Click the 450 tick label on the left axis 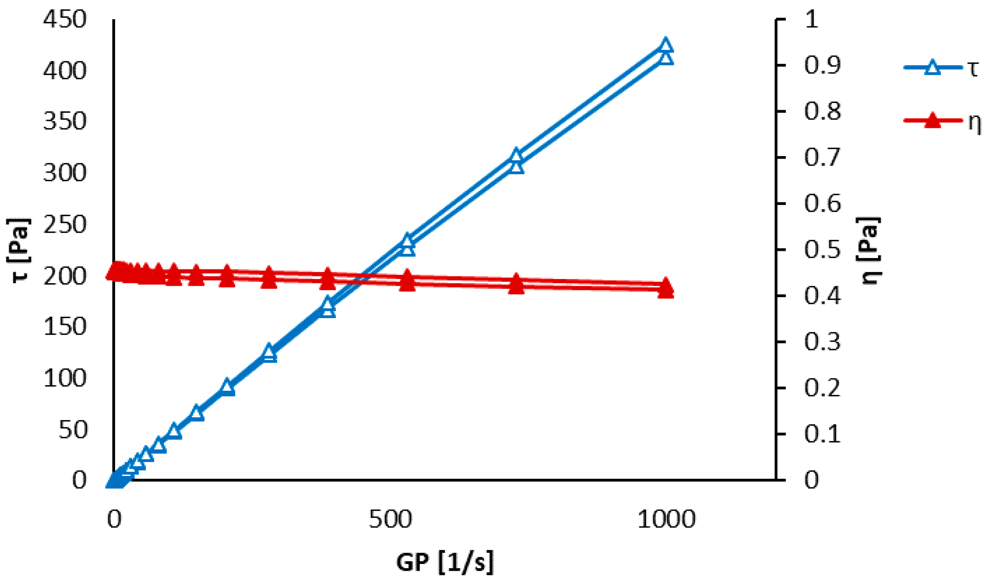click(x=64, y=20)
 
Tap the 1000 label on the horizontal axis click(x=666, y=519)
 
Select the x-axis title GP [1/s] click(x=445, y=563)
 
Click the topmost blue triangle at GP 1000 click(x=666, y=45)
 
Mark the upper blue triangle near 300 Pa click(x=516, y=155)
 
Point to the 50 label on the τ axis click(x=72, y=430)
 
